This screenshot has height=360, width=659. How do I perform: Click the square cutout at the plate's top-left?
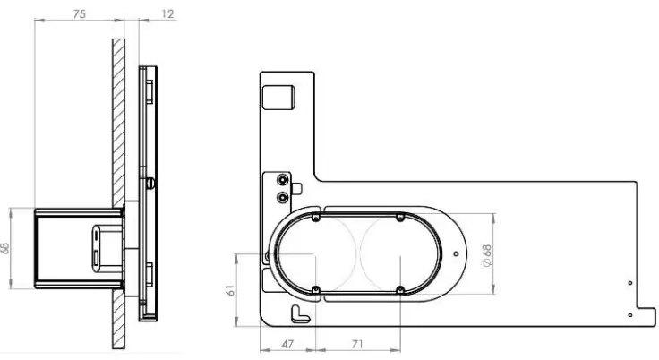tap(281, 97)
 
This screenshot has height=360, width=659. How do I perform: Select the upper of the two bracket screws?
tap(284, 179)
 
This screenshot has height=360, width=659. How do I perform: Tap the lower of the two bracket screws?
tap(284, 195)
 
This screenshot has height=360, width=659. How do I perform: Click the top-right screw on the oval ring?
tap(399, 217)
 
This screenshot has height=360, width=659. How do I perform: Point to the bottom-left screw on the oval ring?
tap(317, 288)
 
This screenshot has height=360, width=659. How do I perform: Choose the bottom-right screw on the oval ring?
tap(399, 289)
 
